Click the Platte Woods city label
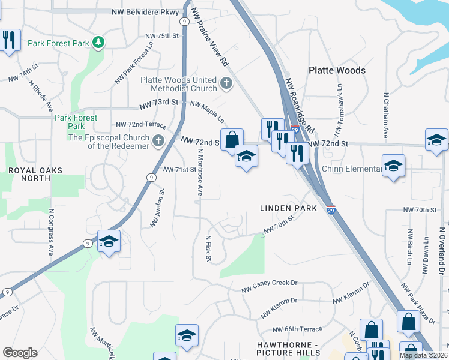click(337, 70)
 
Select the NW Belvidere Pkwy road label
click(145, 11)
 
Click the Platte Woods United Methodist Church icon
click(226, 83)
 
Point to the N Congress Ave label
click(52, 232)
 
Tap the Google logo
click(20, 353)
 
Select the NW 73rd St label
click(158, 102)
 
